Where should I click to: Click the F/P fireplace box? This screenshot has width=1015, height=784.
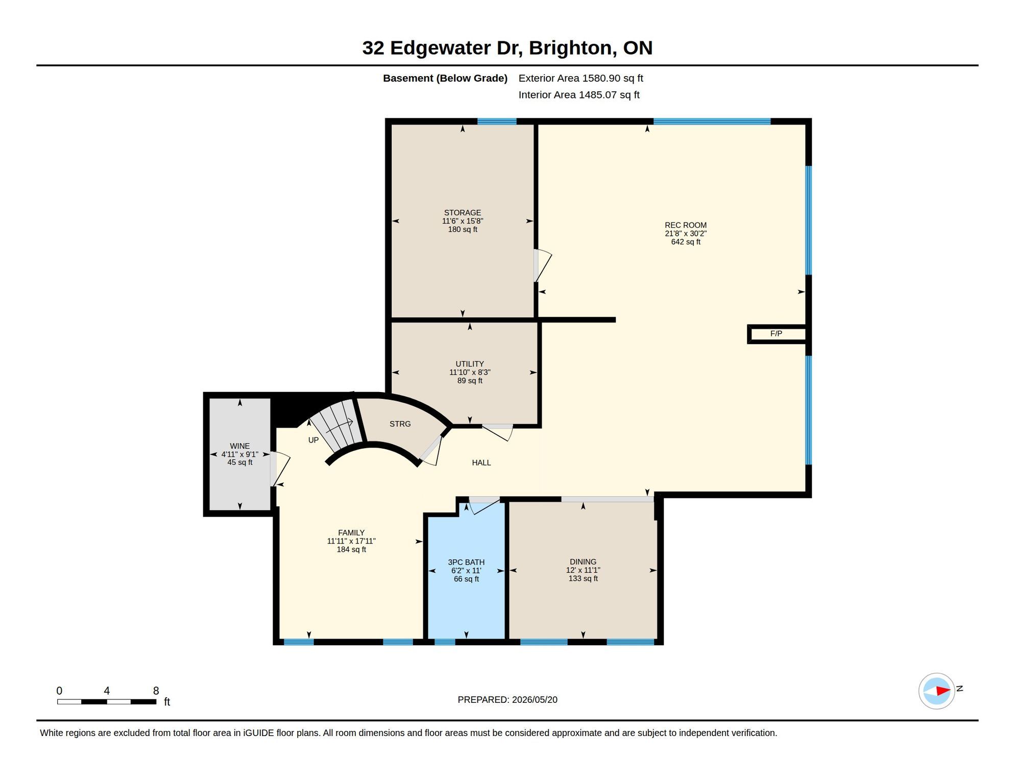click(x=777, y=334)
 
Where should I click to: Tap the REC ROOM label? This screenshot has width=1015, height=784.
click(x=685, y=225)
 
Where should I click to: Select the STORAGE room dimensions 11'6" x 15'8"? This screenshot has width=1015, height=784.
click(x=463, y=221)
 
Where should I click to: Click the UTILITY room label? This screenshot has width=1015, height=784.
click(x=470, y=364)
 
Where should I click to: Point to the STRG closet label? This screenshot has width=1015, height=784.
click(x=400, y=424)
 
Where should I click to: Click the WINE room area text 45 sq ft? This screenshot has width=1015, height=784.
click(x=240, y=462)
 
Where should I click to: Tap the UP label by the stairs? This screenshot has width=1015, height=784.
click(x=313, y=440)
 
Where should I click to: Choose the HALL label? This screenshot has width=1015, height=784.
click(x=481, y=462)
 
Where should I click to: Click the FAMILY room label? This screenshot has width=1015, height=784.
click(x=351, y=532)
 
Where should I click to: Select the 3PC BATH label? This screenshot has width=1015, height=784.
click(x=466, y=562)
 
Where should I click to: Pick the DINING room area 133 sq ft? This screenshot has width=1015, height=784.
click(x=583, y=578)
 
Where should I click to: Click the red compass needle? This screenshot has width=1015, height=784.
click(x=942, y=691)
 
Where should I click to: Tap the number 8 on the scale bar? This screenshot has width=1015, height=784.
click(x=156, y=691)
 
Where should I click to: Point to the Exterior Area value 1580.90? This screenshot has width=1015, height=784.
click(x=601, y=78)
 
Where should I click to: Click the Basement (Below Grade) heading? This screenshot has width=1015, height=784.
click(x=445, y=78)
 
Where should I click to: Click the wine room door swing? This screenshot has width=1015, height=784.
click(x=280, y=469)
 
